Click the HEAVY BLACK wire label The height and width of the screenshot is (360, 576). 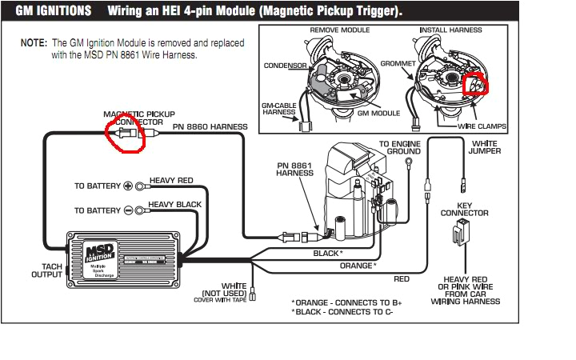175,205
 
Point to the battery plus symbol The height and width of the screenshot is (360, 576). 127,186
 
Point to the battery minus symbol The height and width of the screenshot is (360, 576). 127,210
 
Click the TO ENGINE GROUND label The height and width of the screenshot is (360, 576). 401,146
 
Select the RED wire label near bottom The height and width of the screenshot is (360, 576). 402,279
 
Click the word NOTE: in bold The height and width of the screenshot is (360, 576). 34,42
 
